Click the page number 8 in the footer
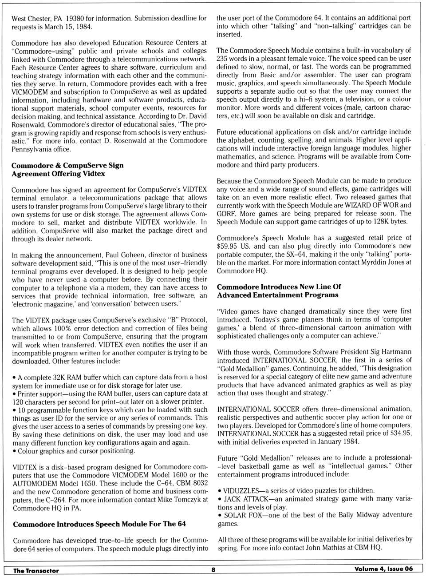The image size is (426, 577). [x=213, y=570]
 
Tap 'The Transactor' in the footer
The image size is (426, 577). [x=36, y=570]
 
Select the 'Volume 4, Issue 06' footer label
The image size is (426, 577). [x=383, y=569]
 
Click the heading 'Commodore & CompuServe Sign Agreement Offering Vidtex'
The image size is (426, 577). [x=67, y=169]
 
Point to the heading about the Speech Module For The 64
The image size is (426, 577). [x=99, y=524]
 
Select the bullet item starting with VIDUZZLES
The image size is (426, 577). [x=296, y=491]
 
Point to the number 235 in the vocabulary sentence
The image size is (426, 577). [x=223, y=59]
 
